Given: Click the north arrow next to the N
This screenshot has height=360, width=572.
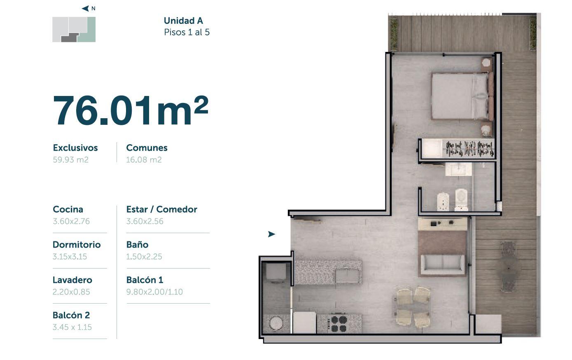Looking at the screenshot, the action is click(x=85, y=8).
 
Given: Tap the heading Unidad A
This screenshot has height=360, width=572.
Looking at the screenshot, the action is click(x=183, y=21).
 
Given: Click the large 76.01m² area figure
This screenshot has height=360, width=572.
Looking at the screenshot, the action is click(x=131, y=111).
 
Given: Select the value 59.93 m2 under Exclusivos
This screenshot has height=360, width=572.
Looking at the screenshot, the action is click(x=71, y=160).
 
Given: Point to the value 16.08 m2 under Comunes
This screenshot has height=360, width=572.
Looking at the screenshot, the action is click(x=144, y=160).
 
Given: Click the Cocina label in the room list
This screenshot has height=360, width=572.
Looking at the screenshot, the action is click(x=68, y=209).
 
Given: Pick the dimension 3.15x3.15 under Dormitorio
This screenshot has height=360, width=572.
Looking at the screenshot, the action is click(x=70, y=256).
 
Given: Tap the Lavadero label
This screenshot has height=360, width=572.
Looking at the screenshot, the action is click(x=72, y=280).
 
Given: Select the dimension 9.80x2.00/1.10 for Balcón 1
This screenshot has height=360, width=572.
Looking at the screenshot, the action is click(x=154, y=292).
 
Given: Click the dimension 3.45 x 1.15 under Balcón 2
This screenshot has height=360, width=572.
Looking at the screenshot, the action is click(x=72, y=327).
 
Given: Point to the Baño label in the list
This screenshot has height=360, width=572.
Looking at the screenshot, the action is click(x=137, y=245).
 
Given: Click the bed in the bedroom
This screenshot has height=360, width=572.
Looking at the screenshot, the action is click(x=462, y=96).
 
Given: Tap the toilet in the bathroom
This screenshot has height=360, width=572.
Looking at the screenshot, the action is click(x=461, y=200).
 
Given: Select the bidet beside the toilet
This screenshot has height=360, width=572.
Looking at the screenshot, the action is click(x=443, y=201).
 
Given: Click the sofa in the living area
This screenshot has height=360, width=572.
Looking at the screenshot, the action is click(x=442, y=265).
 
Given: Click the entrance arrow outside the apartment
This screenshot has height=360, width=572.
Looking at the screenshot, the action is click(x=271, y=234).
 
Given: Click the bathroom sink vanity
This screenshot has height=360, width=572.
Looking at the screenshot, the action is click(x=458, y=169).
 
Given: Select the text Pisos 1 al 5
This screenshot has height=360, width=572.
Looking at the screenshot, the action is click(x=187, y=32).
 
